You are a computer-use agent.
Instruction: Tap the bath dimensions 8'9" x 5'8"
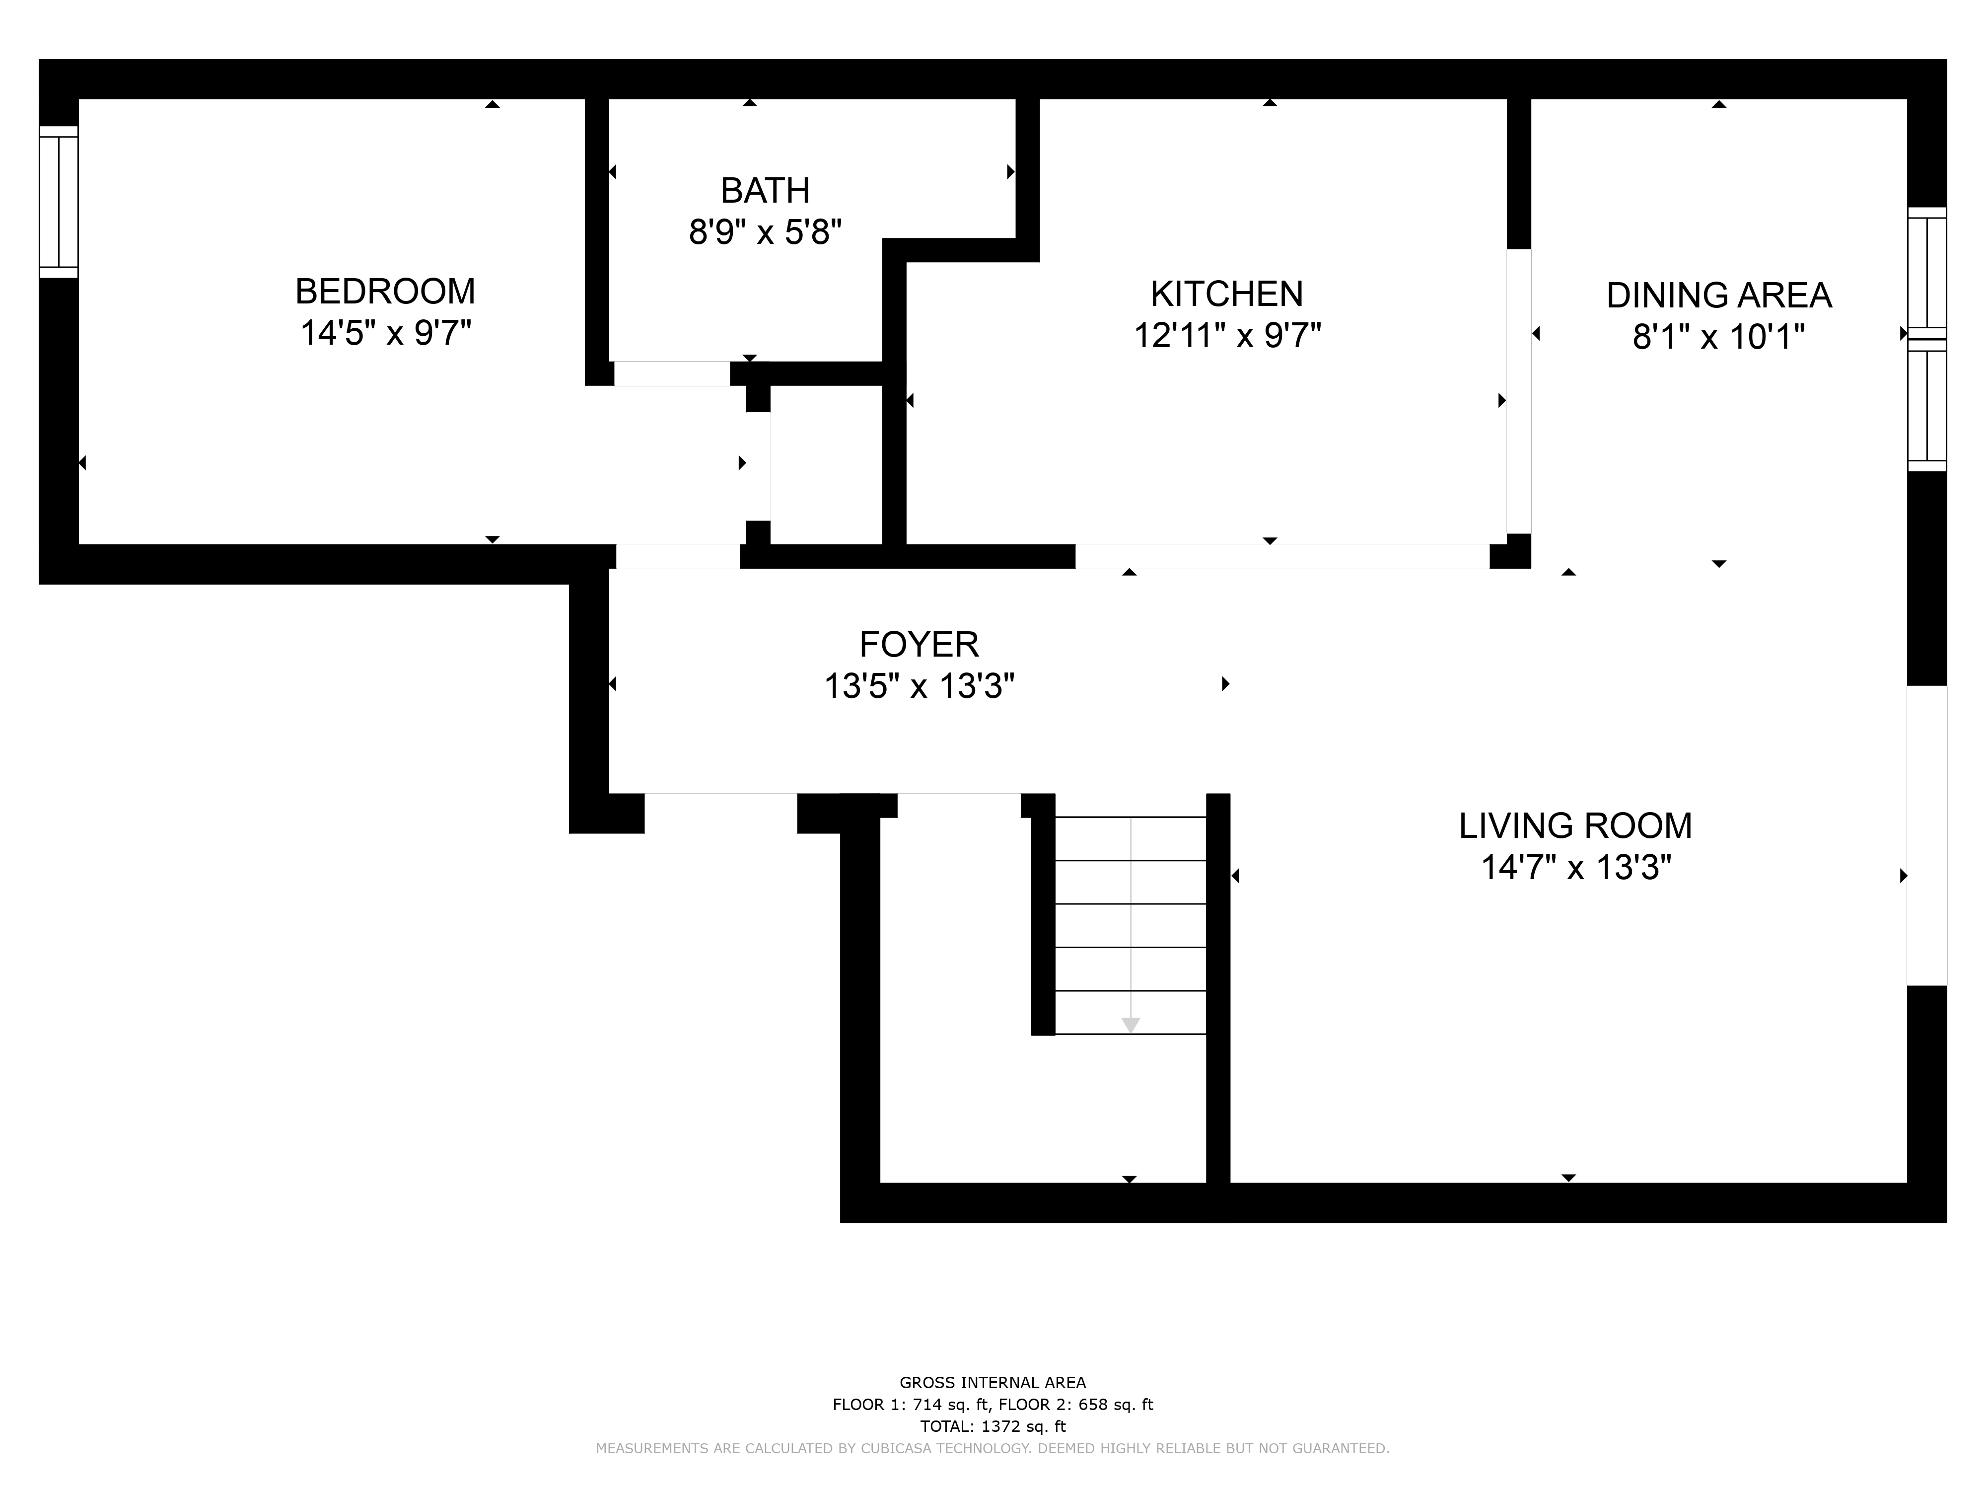tap(765, 232)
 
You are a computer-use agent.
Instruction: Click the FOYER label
tap(919, 644)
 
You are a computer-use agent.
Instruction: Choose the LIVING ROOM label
tap(1575, 825)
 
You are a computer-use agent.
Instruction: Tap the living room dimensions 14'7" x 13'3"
tap(1575, 868)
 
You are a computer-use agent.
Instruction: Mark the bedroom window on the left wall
tap(59, 202)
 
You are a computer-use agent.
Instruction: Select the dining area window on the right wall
tap(1927, 340)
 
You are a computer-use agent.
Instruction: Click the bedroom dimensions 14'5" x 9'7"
tap(385, 333)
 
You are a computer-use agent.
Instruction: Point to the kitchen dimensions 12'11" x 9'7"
tap(1226, 336)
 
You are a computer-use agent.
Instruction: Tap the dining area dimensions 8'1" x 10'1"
tap(1718, 337)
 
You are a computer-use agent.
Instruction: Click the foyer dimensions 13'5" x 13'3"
tap(919, 686)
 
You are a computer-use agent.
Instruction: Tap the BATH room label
tap(765, 190)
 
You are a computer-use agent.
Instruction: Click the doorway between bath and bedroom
tap(672, 373)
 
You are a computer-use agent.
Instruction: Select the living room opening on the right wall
tap(1927, 835)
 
